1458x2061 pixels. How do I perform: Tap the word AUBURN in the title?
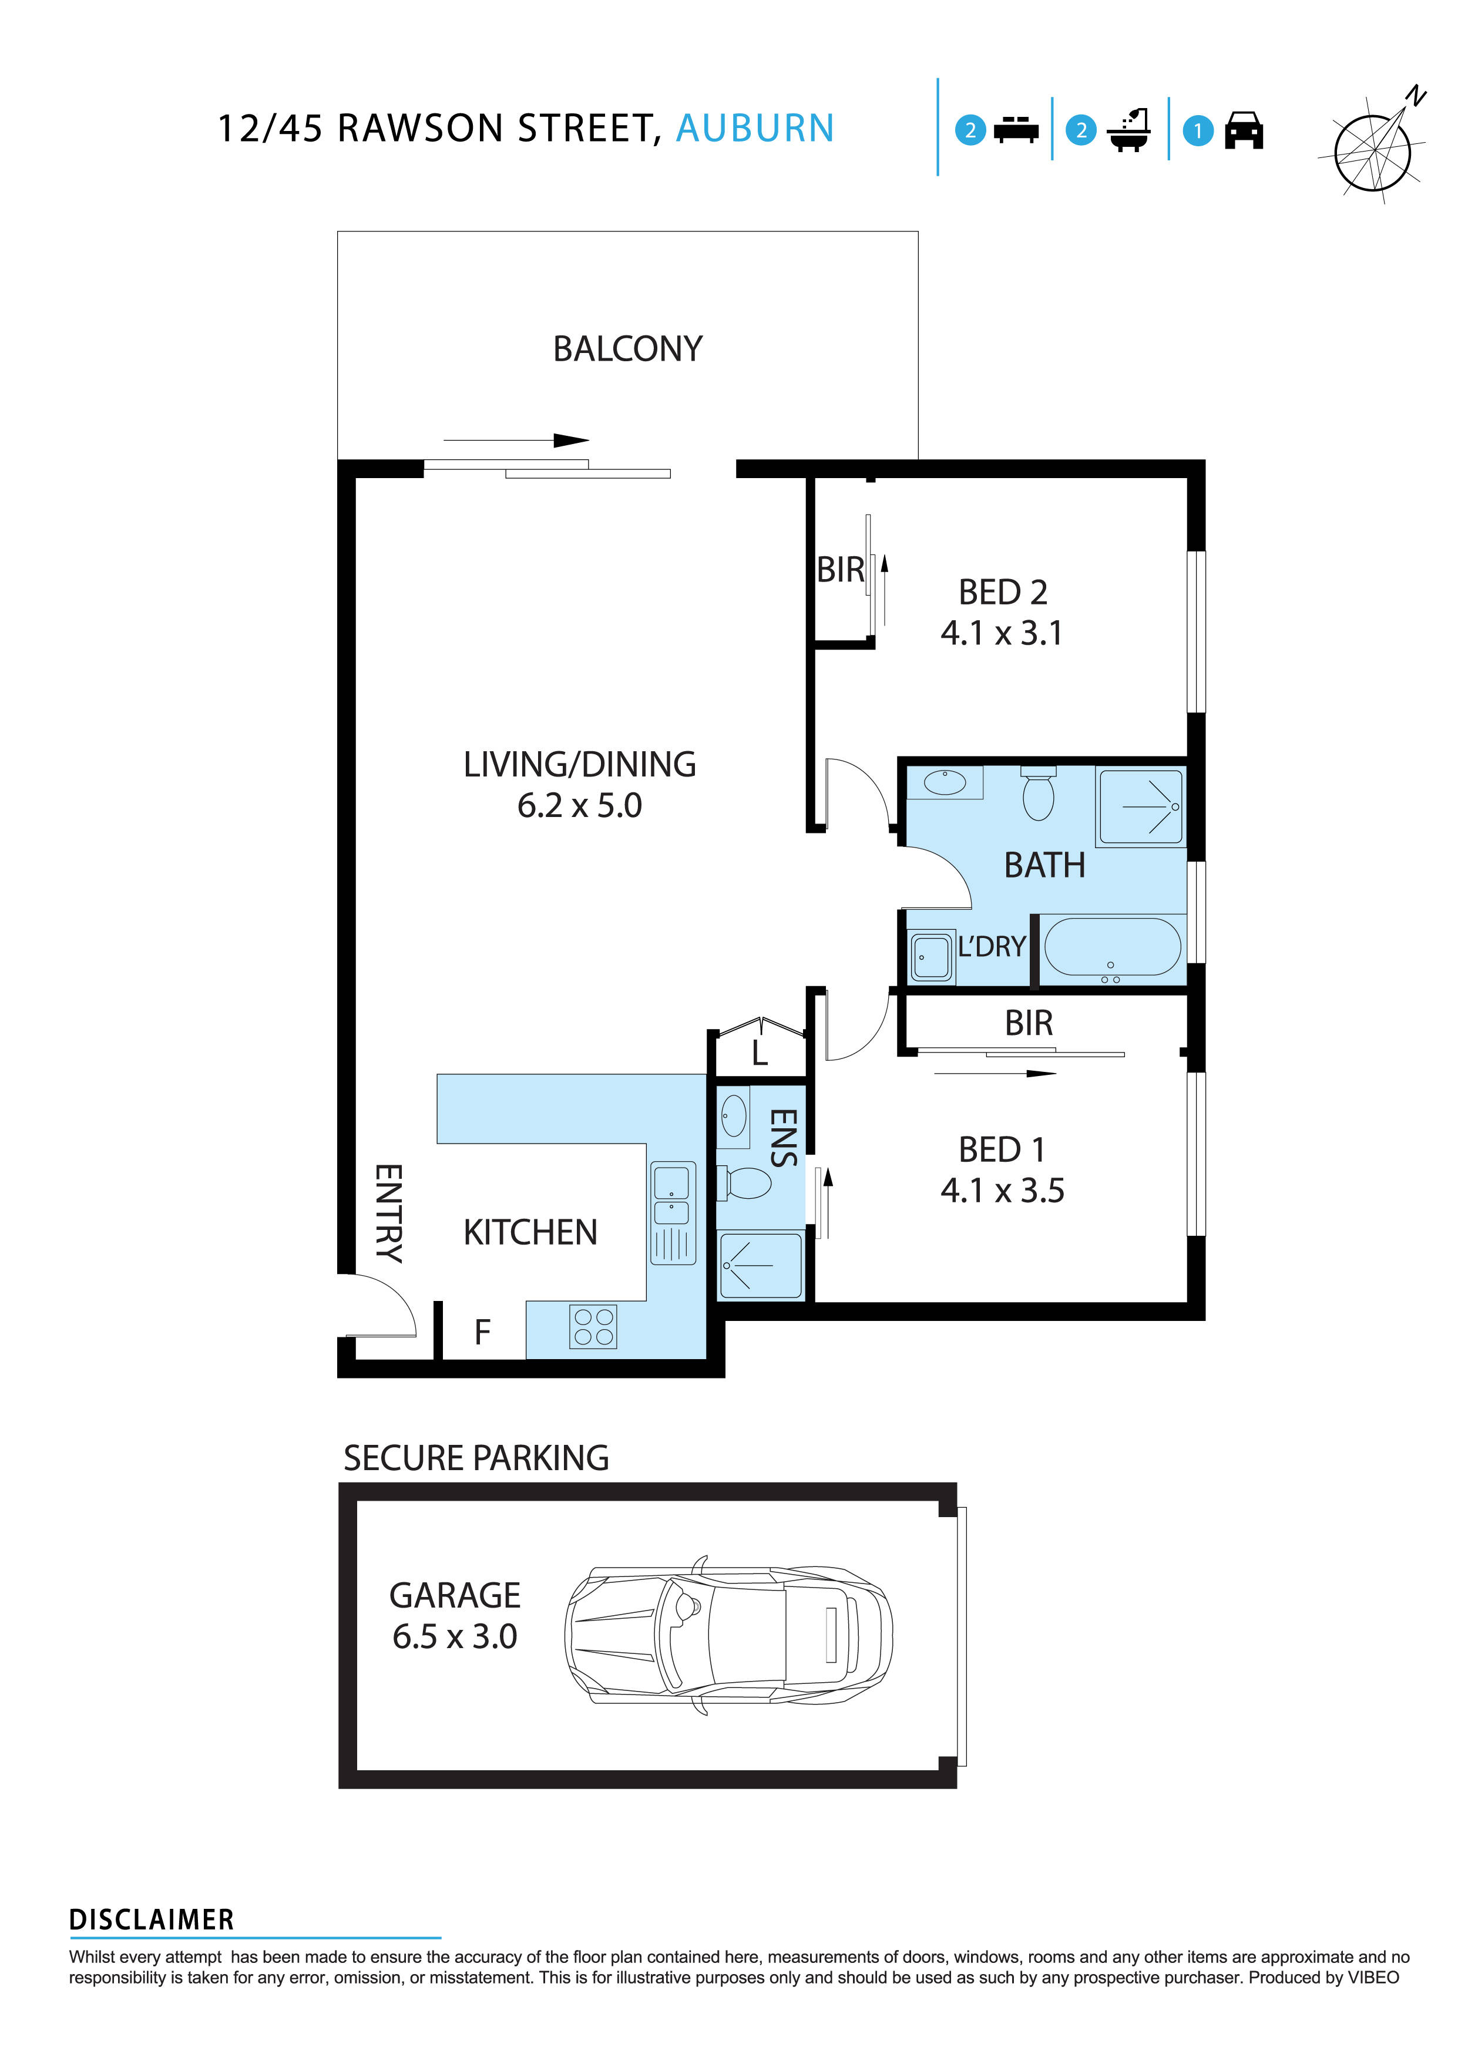pyautogui.click(x=754, y=129)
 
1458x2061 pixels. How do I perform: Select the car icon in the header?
pyautogui.click(x=1244, y=131)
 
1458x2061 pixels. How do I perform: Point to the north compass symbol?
pyautogui.click(x=1373, y=148)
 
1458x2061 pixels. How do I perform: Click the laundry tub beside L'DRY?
pyautogui.click(x=931, y=957)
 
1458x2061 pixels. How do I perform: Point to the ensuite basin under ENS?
pyautogui.click(x=734, y=1116)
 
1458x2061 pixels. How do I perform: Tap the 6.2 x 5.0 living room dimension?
pyautogui.click(x=579, y=805)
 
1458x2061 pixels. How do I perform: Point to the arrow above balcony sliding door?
pyautogui.click(x=516, y=441)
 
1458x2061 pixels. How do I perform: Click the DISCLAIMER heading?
pyautogui.click(x=151, y=1920)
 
